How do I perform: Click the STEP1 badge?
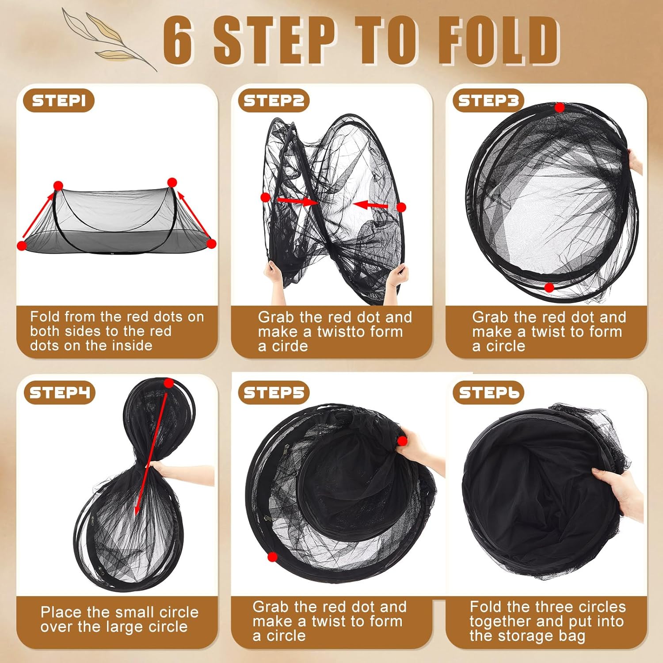coord(59,101)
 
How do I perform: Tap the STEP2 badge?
coord(274,101)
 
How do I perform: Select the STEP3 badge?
coord(488,101)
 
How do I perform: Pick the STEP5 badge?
coord(274,392)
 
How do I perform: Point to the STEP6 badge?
coord(488,392)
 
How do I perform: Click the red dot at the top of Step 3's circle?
coord(560,107)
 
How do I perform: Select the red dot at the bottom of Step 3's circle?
coord(549,287)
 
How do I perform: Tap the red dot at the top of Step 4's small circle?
coord(169,383)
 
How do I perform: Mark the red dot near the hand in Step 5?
coord(402,441)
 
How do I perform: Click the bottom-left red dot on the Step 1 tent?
coord(22,245)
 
